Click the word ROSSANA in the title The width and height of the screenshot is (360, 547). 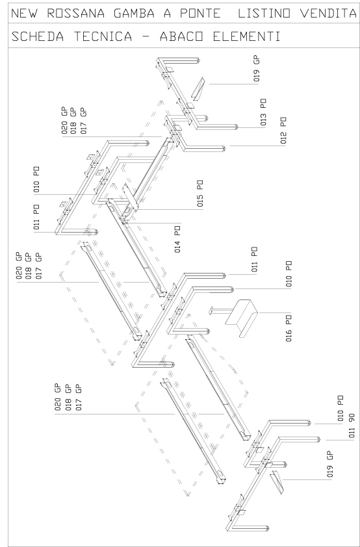[75, 14]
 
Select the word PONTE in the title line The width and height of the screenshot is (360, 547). [200, 14]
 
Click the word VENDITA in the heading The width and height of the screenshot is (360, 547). [329, 14]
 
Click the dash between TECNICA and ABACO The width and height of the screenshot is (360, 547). [146, 36]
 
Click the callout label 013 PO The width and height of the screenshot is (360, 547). [263, 112]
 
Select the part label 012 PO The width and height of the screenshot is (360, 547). [283, 131]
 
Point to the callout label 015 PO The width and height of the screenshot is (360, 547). [200, 193]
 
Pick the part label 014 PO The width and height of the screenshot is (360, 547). [177, 239]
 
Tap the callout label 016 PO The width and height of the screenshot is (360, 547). [289, 328]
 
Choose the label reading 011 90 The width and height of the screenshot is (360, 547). [352, 426]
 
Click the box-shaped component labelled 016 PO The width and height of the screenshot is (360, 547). [241, 318]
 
